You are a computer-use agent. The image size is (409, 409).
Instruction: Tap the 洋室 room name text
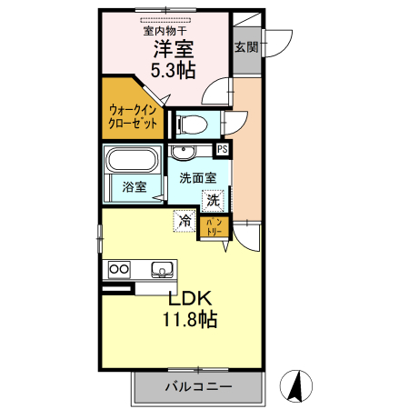pos(170,49)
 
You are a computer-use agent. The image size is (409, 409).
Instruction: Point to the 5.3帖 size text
pos(170,70)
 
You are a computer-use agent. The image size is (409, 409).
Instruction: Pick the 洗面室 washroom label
pos(196,178)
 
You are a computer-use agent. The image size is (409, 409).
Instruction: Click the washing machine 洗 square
pos(213,200)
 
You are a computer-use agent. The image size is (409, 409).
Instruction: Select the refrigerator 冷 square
pos(185,219)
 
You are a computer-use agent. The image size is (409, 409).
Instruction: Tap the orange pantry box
pos(212,225)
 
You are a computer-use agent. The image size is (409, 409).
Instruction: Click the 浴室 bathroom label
pos(133,188)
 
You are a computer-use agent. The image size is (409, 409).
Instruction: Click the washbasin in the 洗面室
pos(185,152)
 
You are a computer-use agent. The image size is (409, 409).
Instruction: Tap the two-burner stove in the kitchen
pos(118,268)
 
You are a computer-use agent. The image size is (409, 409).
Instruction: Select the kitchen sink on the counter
pos(162,268)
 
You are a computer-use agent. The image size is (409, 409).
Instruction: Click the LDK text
pos(188,298)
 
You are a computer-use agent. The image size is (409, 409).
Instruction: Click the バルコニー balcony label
pos(197,386)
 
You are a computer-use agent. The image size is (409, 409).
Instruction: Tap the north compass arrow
pos(295,385)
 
